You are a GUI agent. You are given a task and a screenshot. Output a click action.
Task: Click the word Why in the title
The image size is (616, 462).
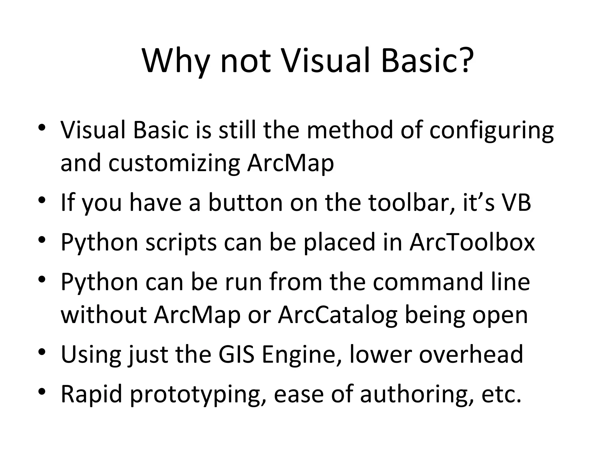click(176, 62)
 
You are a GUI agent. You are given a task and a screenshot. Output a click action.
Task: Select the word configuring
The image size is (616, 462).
click(491, 131)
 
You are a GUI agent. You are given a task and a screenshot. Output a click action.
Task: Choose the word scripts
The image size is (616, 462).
click(181, 243)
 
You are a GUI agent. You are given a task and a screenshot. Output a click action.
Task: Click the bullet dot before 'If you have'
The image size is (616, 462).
click(42, 200)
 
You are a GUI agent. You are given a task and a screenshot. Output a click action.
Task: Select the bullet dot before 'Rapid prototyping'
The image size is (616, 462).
click(42, 391)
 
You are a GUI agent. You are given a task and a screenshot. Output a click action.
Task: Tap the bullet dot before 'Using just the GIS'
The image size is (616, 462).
click(42, 352)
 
